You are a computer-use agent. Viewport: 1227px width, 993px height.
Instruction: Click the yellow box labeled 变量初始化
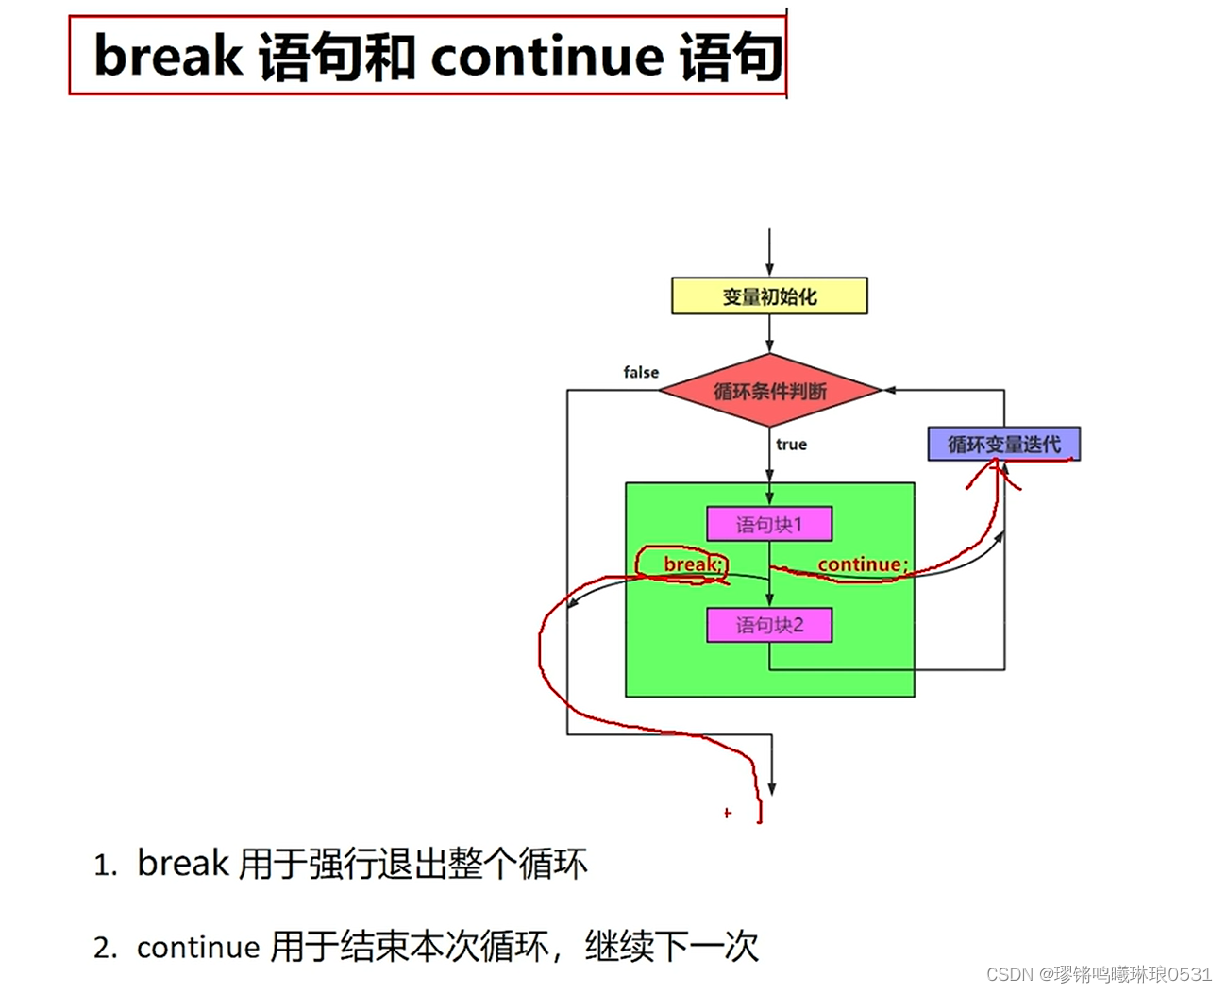point(768,296)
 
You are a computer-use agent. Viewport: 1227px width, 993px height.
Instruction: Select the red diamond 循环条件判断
point(769,391)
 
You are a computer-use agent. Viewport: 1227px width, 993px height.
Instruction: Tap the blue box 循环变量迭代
point(1003,444)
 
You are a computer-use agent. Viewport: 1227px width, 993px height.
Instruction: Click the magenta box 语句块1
point(769,524)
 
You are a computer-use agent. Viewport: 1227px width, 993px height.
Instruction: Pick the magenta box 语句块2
point(769,625)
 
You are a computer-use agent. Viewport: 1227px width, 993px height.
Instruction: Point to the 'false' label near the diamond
point(641,372)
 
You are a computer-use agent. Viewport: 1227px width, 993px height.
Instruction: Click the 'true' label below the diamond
point(791,445)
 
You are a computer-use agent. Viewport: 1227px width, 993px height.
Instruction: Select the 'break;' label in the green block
point(694,564)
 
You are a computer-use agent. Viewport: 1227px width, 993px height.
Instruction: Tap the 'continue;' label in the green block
point(862,564)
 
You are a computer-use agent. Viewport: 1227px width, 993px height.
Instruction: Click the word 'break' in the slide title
point(168,57)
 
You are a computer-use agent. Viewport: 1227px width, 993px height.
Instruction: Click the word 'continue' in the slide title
point(547,57)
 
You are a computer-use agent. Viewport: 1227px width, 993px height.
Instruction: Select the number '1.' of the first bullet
point(106,865)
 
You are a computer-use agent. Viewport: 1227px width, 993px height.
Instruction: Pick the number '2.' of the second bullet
point(106,948)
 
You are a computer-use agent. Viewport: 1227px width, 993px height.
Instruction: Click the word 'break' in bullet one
point(183,863)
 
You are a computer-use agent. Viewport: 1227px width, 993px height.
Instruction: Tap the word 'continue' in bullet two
point(198,947)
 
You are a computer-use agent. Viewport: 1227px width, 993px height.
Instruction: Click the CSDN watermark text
point(1099,974)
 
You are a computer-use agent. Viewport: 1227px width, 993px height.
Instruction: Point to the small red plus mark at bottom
point(727,813)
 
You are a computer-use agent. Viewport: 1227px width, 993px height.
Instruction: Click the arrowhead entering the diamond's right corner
point(889,390)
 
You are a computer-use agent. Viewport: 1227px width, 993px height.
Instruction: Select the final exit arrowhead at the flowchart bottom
point(772,788)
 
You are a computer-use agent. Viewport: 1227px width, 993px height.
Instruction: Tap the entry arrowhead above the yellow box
point(769,269)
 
